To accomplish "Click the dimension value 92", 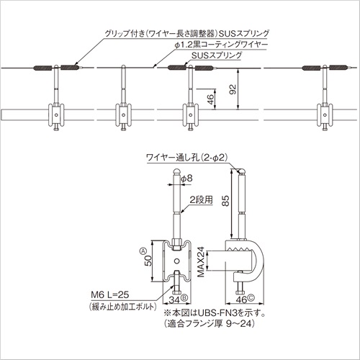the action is (x=233, y=89).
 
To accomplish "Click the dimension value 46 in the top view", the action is (x=210, y=99).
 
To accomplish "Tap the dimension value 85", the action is (x=225, y=201).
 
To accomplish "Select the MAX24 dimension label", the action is (x=201, y=262).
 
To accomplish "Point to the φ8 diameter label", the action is (x=186, y=179).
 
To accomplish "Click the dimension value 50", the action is (x=148, y=261).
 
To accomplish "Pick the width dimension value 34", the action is (x=174, y=300).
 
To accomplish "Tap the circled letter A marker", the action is (x=143, y=251).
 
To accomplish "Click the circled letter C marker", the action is (x=251, y=298).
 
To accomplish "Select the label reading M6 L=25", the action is (x=110, y=294).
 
